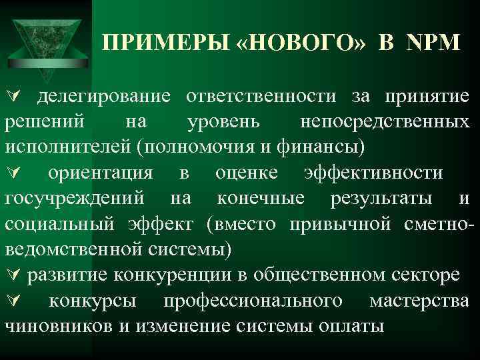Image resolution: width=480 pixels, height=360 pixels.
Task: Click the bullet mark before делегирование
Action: pyautogui.click(x=11, y=98)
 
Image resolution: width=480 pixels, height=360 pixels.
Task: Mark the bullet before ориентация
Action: pyautogui.click(x=11, y=173)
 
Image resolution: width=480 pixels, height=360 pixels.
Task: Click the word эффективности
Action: pyautogui.click(x=373, y=173)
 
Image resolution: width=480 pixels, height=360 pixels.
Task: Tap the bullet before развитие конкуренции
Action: pyautogui.click(x=11, y=275)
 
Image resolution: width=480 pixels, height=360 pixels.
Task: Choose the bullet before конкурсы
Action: pyautogui.click(x=11, y=301)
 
